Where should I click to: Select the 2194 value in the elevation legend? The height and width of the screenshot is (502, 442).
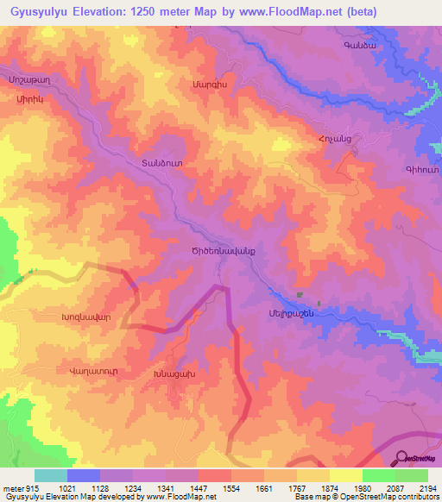428,488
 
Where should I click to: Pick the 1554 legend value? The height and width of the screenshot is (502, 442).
230,488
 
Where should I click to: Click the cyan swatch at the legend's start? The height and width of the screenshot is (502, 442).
50,475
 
